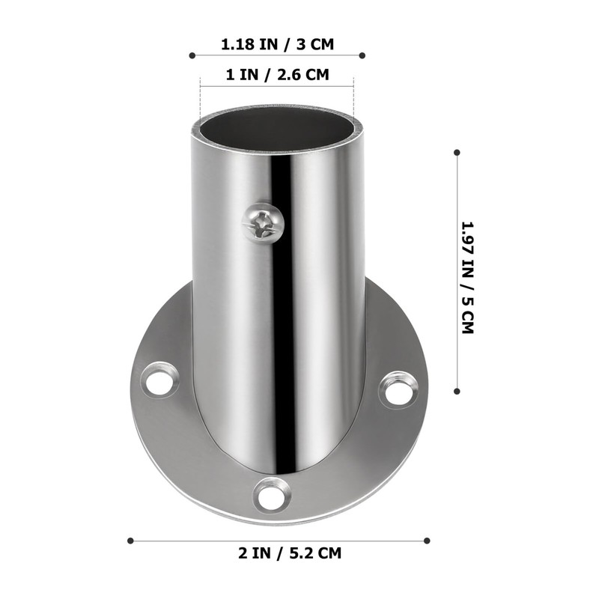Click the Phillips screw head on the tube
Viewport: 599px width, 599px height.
click(x=263, y=222)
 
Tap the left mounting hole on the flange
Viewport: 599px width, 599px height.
click(x=161, y=380)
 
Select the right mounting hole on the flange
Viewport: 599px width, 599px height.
click(x=398, y=389)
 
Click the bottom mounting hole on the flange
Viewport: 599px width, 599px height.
click(x=272, y=493)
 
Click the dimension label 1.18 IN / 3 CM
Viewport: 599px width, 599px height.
click(x=277, y=44)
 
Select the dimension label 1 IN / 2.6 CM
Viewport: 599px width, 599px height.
click(x=277, y=75)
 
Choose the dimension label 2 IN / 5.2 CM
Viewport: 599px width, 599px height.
click(x=279, y=554)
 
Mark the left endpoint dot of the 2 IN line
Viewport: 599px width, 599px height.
click(x=130, y=540)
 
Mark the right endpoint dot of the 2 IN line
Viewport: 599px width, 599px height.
click(x=427, y=540)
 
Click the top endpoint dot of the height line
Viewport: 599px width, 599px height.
click(x=457, y=152)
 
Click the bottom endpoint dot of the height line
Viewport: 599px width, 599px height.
click(x=457, y=390)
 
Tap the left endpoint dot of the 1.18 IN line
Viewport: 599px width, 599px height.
click(x=192, y=55)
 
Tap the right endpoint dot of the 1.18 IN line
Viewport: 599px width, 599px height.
click(x=362, y=55)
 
